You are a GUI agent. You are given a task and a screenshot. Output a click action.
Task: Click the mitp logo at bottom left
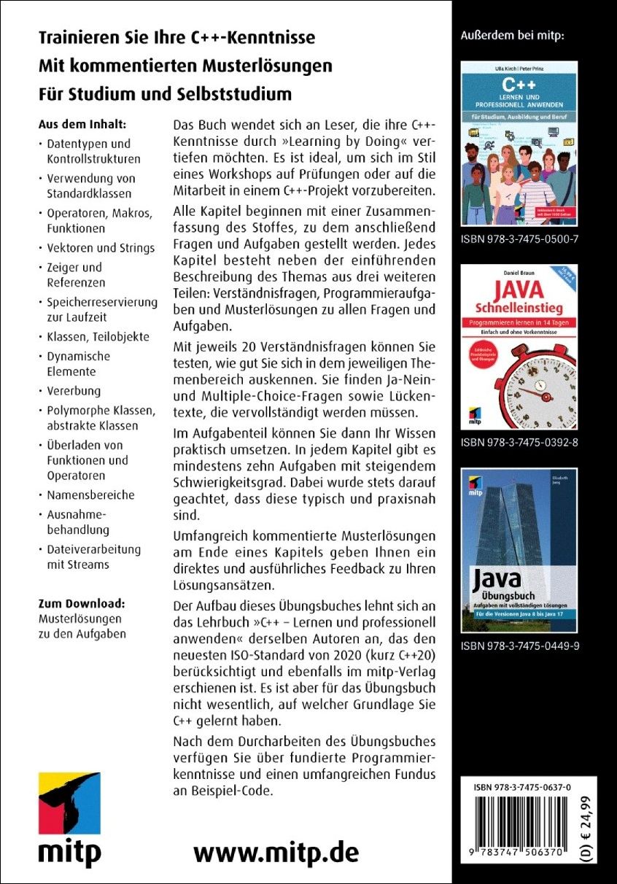[x=69, y=818]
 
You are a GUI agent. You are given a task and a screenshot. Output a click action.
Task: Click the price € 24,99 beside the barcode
[x=587, y=827]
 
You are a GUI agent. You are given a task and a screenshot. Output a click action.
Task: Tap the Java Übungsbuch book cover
[x=519, y=551]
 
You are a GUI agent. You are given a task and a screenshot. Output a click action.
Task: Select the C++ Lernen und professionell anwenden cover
[x=519, y=143]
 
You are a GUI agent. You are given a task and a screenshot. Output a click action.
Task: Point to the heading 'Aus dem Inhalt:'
[x=82, y=123]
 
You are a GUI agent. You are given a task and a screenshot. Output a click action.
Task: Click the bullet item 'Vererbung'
[x=74, y=390]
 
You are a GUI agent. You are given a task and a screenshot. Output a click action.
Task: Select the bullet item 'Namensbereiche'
[x=90, y=495]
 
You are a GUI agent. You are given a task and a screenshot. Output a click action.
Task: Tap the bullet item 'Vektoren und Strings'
[x=101, y=247]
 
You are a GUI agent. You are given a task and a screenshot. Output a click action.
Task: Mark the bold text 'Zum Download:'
[x=81, y=603]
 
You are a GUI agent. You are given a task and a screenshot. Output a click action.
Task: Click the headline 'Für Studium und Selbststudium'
[x=165, y=94]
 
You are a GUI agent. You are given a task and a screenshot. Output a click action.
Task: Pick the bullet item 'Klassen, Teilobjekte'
[x=98, y=336]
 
